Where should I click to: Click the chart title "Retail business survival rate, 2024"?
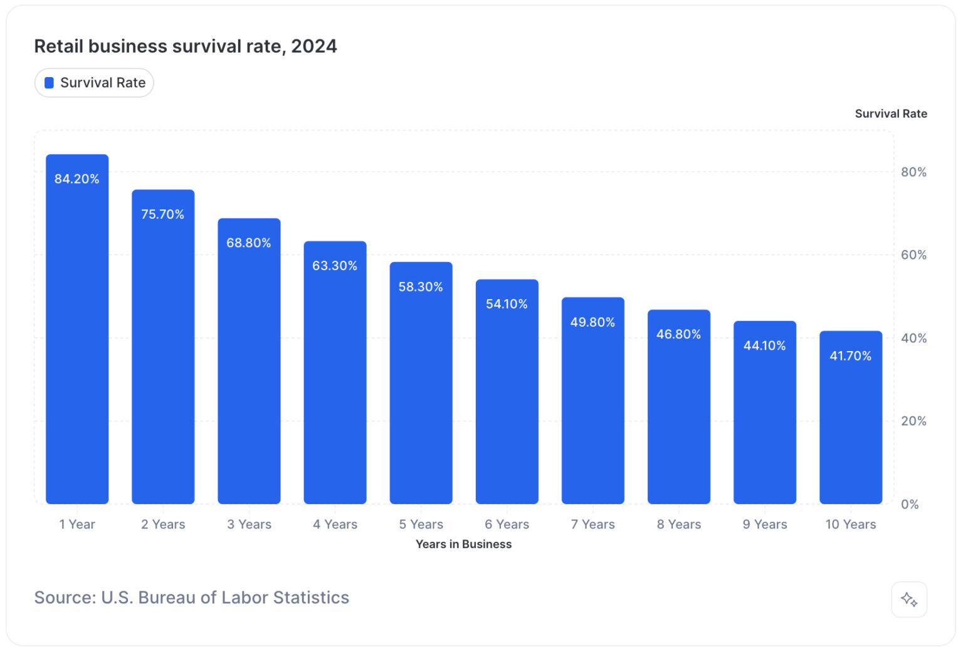coord(185,46)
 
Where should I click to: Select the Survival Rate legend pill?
coord(94,83)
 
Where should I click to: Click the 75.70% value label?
coord(162,214)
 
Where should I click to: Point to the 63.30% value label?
coord(335,266)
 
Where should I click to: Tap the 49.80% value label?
coord(592,322)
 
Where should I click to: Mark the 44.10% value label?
coord(764,345)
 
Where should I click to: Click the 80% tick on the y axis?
coord(913,172)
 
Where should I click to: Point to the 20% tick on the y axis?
coord(913,421)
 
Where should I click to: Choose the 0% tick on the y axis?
coord(910,505)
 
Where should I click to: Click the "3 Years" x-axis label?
coord(249,525)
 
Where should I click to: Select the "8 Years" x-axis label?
coord(678,525)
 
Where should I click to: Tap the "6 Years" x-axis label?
coord(507,525)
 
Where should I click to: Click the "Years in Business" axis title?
coord(463,544)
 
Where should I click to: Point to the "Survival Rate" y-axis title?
coord(890,113)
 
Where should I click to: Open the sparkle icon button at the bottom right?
coord(908,599)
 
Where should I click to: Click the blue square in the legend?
coord(49,83)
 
